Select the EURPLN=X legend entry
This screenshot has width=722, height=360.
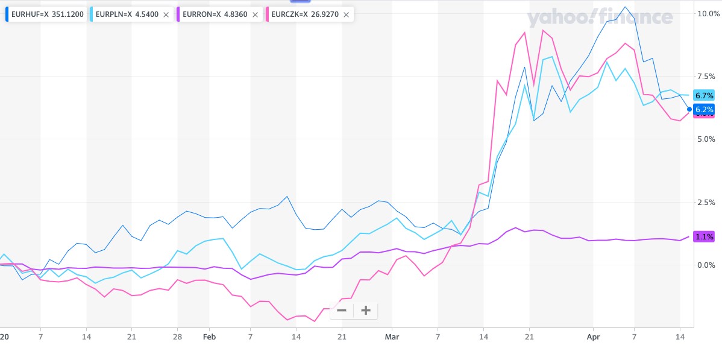[x=127, y=14]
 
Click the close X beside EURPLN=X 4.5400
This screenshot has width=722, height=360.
[x=166, y=14]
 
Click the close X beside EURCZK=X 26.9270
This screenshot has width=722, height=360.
[x=346, y=14]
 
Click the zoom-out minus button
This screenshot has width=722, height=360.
[x=342, y=311]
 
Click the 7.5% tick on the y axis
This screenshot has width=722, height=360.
[x=706, y=76]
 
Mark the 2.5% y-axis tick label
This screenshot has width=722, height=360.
[x=706, y=202]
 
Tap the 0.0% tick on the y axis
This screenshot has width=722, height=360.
[x=706, y=265]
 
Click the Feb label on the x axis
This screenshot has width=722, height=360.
[x=209, y=336]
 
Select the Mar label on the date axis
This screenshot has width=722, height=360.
[x=392, y=336]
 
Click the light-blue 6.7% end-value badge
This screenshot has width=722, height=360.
[x=704, y=95]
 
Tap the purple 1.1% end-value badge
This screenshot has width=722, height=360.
[x=704, y=237]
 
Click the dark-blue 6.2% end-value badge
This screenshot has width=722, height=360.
[x=704, y=110]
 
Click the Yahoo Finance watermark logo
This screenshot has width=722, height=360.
[x=600, y=17]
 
